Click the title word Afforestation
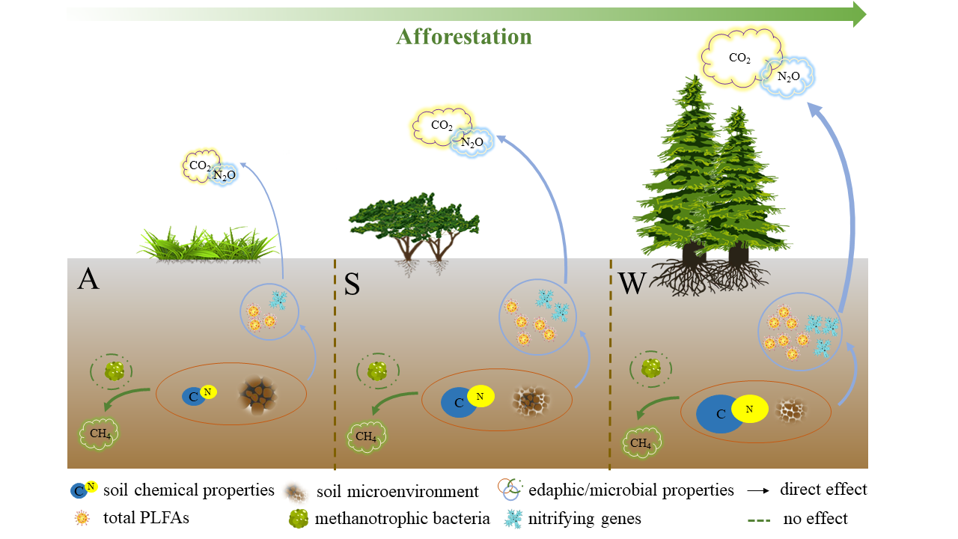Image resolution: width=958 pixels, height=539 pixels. click(x=463, y=37)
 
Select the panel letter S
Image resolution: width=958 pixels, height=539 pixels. click(x=351, y=284)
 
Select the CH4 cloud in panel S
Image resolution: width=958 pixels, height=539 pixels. click(x=366, y=436)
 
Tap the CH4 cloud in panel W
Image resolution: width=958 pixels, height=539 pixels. click(x=641, y=442)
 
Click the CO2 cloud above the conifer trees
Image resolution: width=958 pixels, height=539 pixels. click(x=739, y=58)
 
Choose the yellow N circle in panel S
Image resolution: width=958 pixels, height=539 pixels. click(x=481, y=397)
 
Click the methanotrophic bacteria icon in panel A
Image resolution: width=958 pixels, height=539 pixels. click(x=114, y=371)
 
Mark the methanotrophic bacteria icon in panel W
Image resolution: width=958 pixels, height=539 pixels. click(x=651, y=368)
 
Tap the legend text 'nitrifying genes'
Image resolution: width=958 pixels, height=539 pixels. click(x=585, y=518)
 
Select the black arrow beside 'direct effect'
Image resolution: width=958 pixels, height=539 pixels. click(x=758, y=491)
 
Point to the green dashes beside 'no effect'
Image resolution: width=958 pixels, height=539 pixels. click(x=757, y=518)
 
